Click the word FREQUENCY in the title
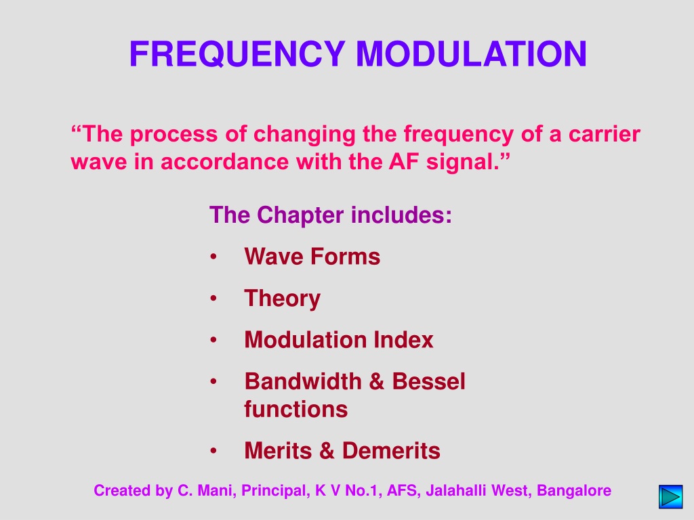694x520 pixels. click(237, 54)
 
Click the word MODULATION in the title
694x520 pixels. click(472, 54)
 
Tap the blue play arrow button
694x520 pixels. click(670, 496)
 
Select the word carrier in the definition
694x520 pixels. click(604, 133)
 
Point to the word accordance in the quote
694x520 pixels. click(224, 161)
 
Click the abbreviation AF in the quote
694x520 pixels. click(404, 161)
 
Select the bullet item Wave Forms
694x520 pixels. click(312, 257)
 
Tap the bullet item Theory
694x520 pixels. click(283, 299)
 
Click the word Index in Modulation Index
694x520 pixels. click(403, 340)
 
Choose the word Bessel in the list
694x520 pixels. click(428, 381)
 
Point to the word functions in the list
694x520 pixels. click(295, 409)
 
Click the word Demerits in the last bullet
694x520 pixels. click(391, 450)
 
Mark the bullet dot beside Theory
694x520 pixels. click(213, 299)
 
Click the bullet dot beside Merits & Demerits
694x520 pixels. click(213, 450)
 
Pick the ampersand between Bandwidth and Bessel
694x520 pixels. click(376, 382)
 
